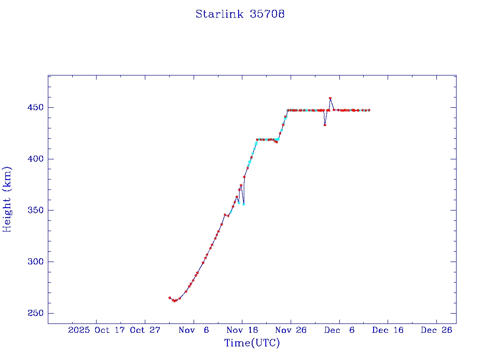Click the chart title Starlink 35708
click(x=240, y=14)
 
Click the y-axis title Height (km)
click(x=7, y=199)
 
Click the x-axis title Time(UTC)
click(x=252, y=343)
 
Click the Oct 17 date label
click(x=112, y=330)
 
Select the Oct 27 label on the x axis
click(x=145, y=330)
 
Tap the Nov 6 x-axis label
click(x=194, y=330)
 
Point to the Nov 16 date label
click(x=242, y=330)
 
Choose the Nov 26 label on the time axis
click(x=291, y=330)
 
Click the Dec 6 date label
click(x=339, y=330)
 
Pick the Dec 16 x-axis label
click(x=388, y=330)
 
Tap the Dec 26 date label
click(x=436, y=330)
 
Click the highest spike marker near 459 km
click(x=330, y=98)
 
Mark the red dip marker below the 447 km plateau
click(x=325, y=125)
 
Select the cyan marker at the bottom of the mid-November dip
click(x=243, y=204)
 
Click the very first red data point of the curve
click(x=170, y=298)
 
